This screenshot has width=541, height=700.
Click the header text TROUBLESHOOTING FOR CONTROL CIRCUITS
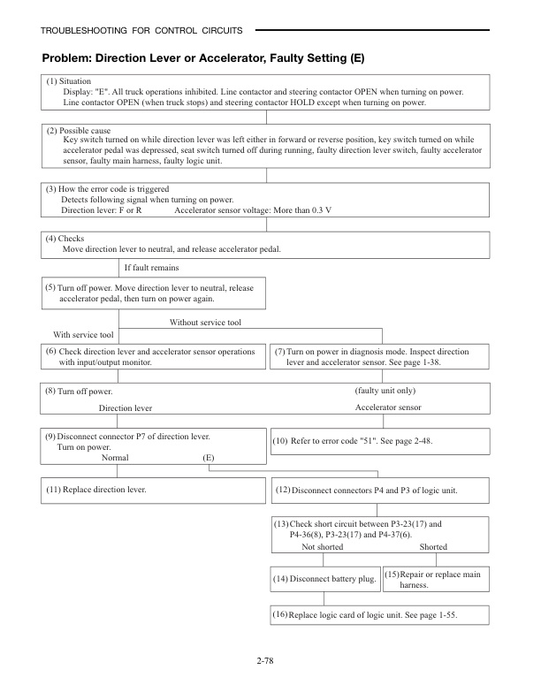click(x=141, y=32)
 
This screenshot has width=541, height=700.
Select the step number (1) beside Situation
click(x=51, y=81)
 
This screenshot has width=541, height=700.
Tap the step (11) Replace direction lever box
click(x=150, y=489)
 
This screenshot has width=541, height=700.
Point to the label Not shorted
click(x=323, y=547)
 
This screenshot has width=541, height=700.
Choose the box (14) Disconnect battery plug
click(x=324, y=580)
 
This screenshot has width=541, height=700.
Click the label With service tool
click(x=83, y=335)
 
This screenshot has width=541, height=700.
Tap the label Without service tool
click(x=205, y=323)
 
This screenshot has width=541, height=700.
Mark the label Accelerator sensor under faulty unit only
click(x=388, y=407)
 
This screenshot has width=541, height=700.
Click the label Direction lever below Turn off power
click(x=125, y=408)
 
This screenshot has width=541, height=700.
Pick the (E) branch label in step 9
click(x=209, y=459)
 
